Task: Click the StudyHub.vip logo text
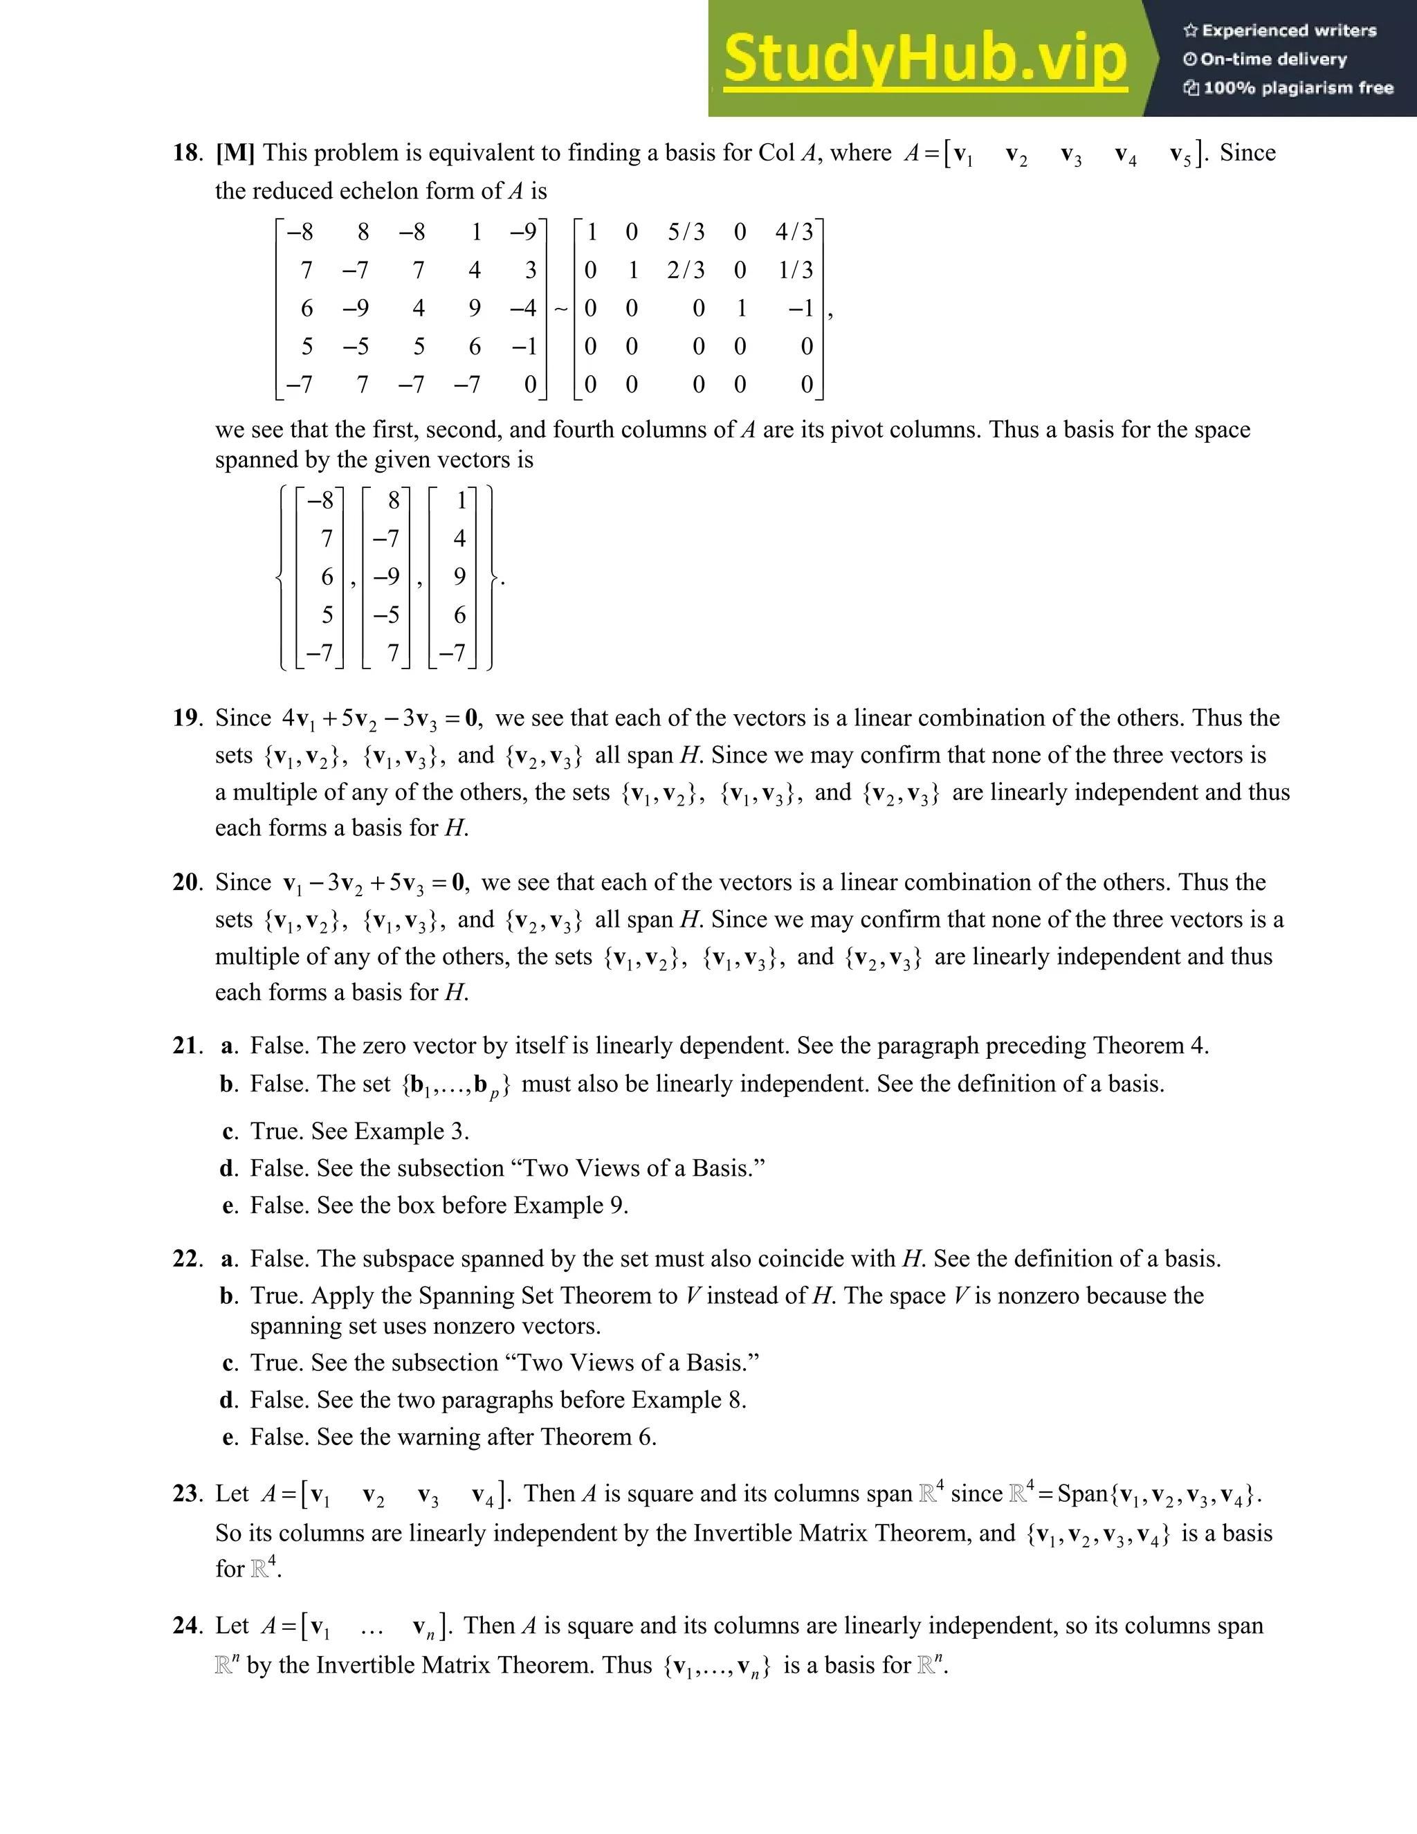coord(924,59)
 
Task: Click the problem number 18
coord(185,153)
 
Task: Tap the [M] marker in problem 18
coord(235,153)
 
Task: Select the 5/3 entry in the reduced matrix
coord(686,232)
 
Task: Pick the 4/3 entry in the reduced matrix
coord(794,232)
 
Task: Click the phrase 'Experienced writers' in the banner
coord(1288,31)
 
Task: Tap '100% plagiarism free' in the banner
coord(1298,88)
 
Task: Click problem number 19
coord(185,718)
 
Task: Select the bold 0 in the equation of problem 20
coord(458,882)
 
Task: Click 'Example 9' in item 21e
coord(568,1206)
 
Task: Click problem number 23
coord(185,1494)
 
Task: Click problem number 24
coord(185,1626)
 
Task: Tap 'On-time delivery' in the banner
coord(1274,60)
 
